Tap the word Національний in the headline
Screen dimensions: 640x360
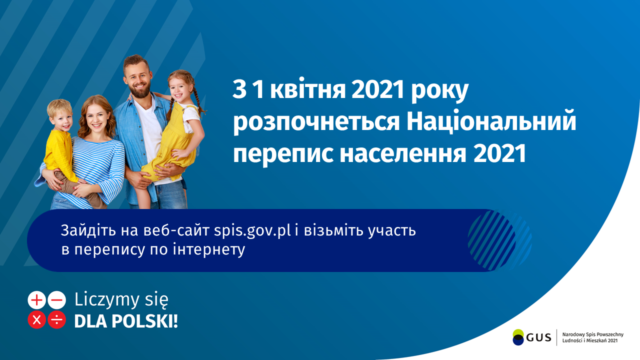tap(491, 122)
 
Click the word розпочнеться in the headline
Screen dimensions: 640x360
tap(316, 123)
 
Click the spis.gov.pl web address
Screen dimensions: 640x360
tap(252, 231)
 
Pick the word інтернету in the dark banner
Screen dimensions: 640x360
tap(209, 249)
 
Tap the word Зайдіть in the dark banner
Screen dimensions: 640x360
tap(88, 230)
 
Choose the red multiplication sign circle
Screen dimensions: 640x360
tap(36, 319)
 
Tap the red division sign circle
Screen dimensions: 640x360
tap(56, 319)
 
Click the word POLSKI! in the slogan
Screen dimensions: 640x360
tap(145, 321)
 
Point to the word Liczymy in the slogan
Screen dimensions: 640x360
tap(107, 300)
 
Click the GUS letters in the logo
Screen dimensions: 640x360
tap(538, 338)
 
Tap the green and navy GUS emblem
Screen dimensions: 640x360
tap(518, 337)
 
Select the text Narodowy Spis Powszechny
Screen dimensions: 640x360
tap(593, 335)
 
